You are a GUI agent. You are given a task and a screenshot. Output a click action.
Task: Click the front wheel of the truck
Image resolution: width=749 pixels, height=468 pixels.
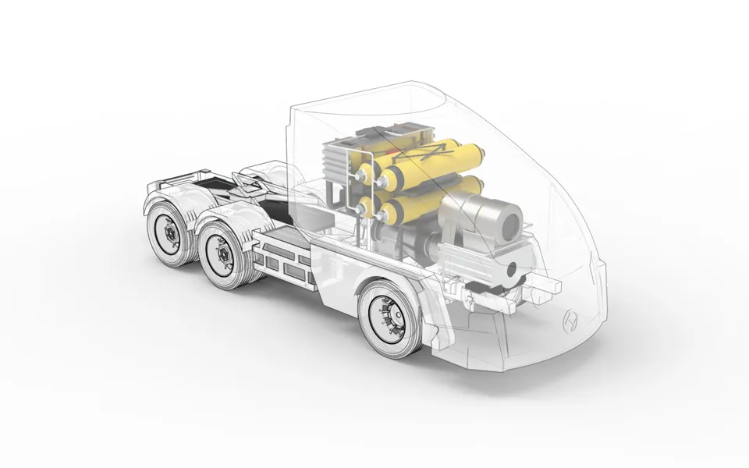390,319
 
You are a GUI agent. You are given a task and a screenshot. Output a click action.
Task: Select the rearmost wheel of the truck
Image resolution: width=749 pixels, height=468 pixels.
169,232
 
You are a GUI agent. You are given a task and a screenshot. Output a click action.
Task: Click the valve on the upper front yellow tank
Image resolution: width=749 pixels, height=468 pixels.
382,183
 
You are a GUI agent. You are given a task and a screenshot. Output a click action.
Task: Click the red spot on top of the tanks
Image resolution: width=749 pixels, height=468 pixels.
382,149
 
